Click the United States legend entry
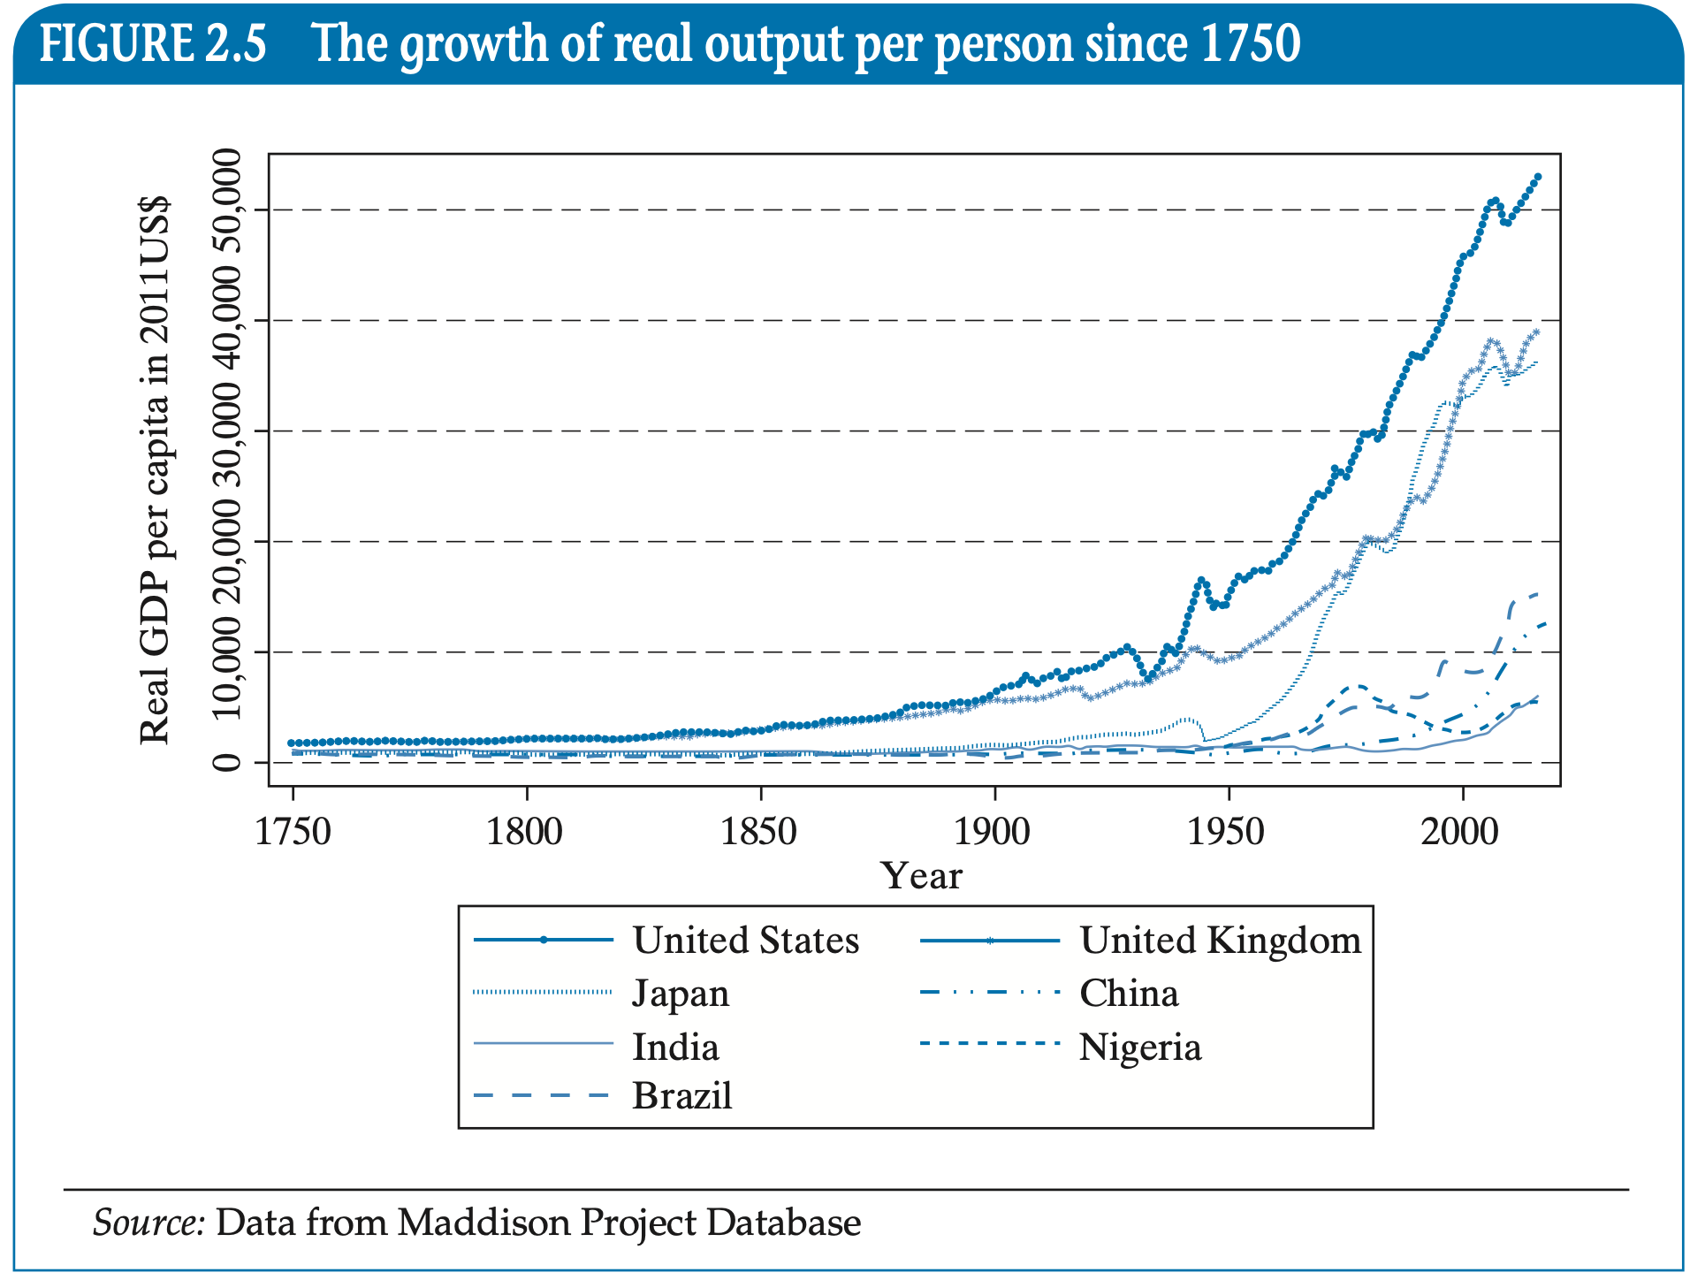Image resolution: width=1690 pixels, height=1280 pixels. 745,940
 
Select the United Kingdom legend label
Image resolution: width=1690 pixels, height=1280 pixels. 1220,940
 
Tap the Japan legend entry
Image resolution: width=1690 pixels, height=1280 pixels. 681,994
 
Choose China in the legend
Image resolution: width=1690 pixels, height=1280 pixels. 1129,994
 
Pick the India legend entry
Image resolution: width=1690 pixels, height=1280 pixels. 675,1048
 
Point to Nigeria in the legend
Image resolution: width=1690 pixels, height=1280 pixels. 1140,1048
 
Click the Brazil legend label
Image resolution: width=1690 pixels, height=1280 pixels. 682,1096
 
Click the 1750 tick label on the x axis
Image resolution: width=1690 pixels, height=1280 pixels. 293,832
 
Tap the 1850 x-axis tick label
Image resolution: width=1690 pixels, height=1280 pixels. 759,832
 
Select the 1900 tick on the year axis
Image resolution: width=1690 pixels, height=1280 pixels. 993,832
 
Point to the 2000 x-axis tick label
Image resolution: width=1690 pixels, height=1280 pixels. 1460,832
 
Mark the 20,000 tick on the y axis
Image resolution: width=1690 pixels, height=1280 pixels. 227,540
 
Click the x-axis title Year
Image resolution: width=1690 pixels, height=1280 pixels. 921,876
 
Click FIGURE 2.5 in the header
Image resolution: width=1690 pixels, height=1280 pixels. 152,44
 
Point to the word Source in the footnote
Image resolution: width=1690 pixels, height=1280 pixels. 148,1223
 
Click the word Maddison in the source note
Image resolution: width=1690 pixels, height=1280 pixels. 484,1223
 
